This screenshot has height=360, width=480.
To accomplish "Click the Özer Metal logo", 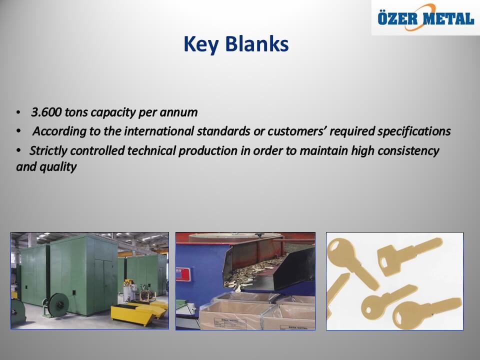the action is pyautogui.click(x=425, y=17).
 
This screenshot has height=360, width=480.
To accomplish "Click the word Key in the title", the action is pyautogui.click(x=200, y=44).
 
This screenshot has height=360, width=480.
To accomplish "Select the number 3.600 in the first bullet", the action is pyautogui.click(x=46, y=112).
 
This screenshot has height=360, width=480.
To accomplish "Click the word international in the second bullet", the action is pyautogui.click(x=159, y=131).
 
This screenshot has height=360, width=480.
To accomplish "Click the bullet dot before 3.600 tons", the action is pyautogui.click(x=18, y=112).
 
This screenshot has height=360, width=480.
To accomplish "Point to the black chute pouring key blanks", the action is pyautogui.click(x=269, y=269).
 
